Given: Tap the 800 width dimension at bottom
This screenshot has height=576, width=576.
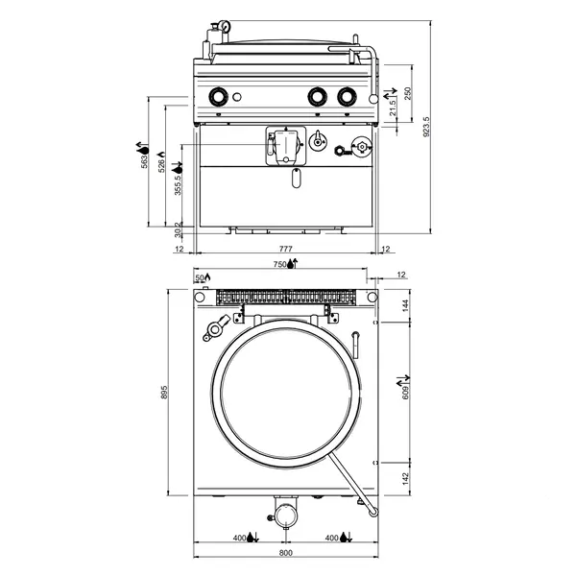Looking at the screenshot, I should click(285, 554).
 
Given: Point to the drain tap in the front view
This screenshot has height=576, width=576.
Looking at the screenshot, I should click(284, 145).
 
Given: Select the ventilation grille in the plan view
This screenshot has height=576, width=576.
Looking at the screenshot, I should click(285, 297).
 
